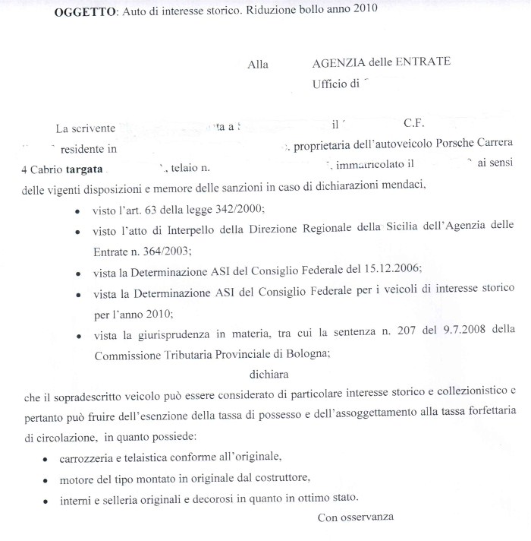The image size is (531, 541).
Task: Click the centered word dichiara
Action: (269, 373)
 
